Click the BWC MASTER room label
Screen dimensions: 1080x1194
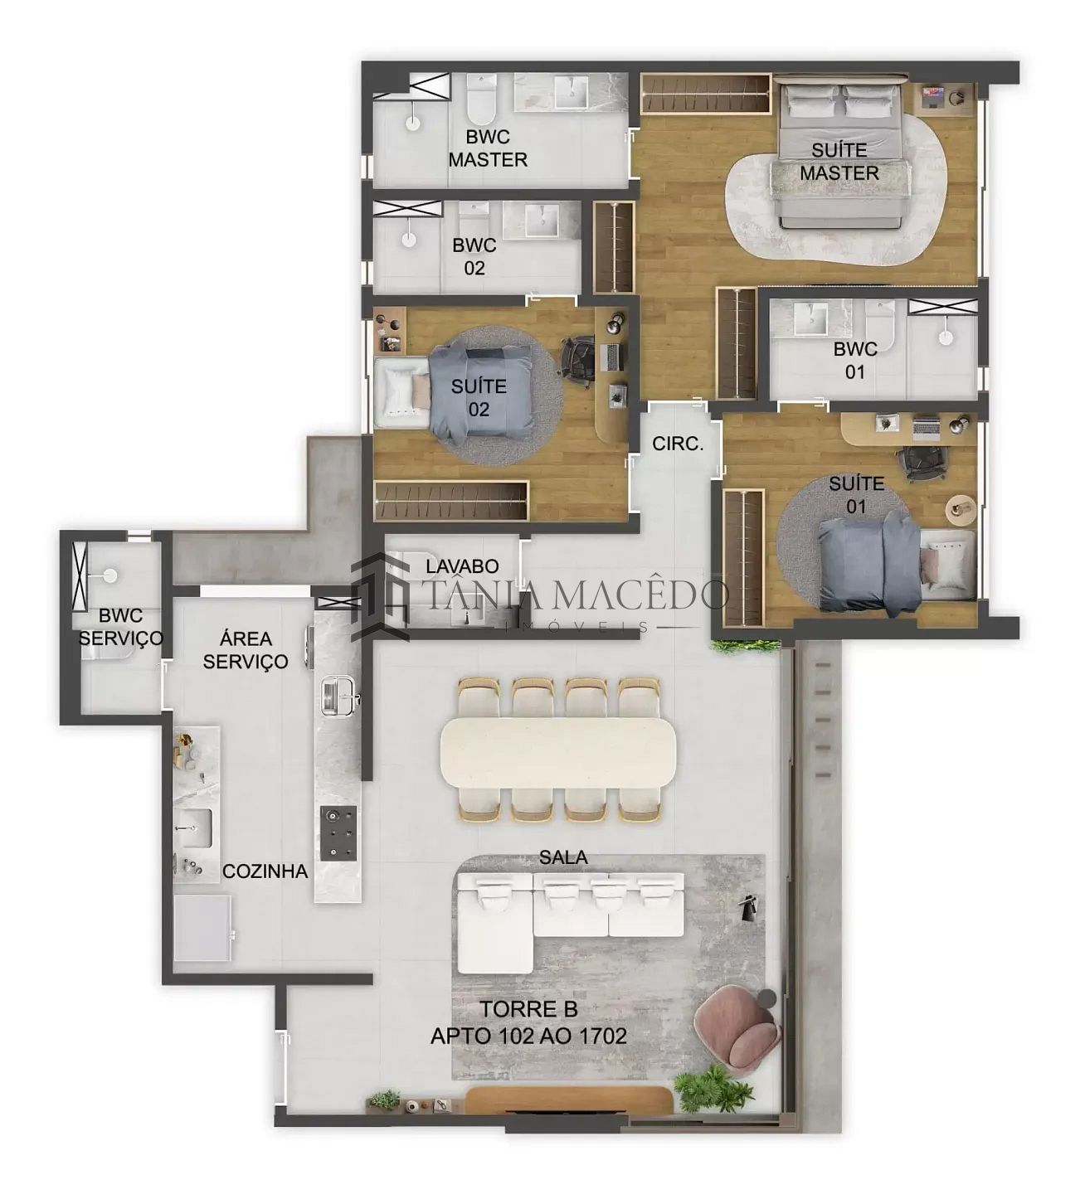(x=487, y=148)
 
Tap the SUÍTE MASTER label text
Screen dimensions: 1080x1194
(x=839, y=162)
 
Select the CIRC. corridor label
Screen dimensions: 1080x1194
(x=678, y=444)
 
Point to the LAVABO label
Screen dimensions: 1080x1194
(x=462, y=566)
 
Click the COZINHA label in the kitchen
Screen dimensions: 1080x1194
(x=265, y=871)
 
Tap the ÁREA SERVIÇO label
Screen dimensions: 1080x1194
(x=246, y=650)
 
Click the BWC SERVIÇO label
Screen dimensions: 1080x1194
(x=121, y=627)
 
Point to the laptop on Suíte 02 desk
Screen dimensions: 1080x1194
(x=613, y=357)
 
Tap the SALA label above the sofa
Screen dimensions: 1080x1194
(x=563, y=857)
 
